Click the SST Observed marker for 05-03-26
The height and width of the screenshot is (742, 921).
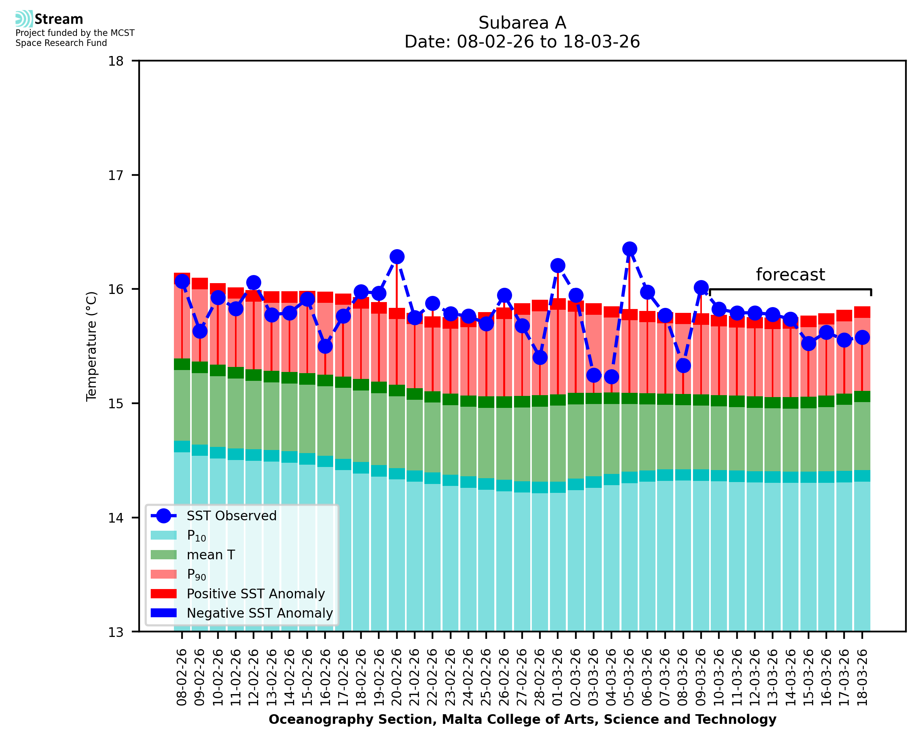(x=629, y=249)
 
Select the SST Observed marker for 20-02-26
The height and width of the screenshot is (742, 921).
(x=397, y=257)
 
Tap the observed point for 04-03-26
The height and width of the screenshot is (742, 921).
(x=611, y=377)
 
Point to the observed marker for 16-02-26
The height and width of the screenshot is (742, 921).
(x=325, y=346)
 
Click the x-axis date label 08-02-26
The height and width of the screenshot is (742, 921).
(x=182, y=677)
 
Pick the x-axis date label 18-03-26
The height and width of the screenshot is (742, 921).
(x=862, y=677)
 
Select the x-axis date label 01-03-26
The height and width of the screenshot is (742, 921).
(x=558, y=677)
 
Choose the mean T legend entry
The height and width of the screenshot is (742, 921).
(x=211, y=555)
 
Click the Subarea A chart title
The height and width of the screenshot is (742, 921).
(x=522, y=23)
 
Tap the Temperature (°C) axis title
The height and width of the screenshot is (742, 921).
(x=92, y=346)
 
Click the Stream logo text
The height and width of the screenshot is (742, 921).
(x=59, y=19)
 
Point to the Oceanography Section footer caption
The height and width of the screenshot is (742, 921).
(x=522, y=719)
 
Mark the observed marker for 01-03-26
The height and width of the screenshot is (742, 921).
(x=558, y=265)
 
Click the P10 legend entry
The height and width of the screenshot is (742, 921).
(x=196, y=536)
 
